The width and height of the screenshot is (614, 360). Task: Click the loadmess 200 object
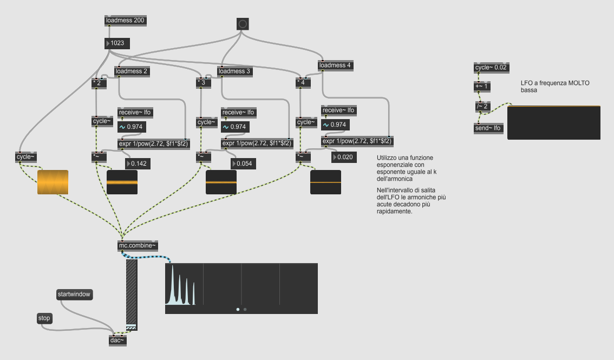(126, 21)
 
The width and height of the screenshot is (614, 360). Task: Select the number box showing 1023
(117, 43)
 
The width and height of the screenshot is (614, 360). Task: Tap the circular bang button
(243, 24)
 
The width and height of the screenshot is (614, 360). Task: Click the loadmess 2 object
(132, 71)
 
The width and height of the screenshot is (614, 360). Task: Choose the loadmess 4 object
(335, 66)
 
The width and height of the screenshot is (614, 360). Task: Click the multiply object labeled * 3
(203, 82)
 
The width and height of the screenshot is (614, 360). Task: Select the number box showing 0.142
(139, 163)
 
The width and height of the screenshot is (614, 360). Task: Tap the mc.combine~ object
(138, 246)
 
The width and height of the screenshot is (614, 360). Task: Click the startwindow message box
(74, 294)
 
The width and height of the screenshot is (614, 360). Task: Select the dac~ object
(117, 340)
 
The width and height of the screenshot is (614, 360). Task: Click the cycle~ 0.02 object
(491, 68)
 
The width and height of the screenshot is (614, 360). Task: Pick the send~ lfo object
(488, 128)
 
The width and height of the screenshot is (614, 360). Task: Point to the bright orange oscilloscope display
(53, 182)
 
